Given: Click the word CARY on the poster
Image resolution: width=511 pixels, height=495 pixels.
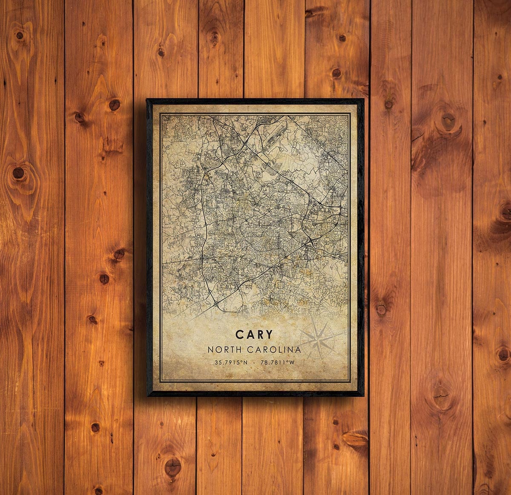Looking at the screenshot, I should [x=254, y=334].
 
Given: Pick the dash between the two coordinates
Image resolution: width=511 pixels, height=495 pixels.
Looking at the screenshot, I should [x=255, y=363].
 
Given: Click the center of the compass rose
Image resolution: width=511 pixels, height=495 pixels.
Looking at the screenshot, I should [x=318, y=339].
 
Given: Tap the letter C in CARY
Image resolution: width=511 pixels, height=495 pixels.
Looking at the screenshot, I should [x=239, y=334].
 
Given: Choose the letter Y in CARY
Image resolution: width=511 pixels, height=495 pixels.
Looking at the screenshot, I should [x=268, y=334].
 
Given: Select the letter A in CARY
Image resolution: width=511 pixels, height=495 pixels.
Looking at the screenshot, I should [x=249, y=334].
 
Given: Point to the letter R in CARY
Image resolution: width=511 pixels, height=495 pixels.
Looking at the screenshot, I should [x=259, y=334].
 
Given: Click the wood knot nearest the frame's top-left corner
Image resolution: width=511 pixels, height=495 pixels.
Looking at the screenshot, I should [x=114, y=104].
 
